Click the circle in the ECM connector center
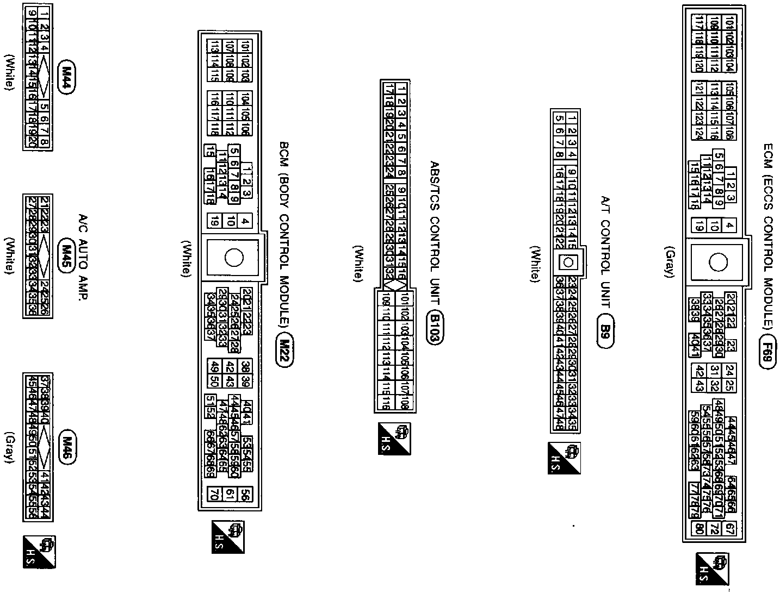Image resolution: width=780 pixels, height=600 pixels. click(x=718, y=263)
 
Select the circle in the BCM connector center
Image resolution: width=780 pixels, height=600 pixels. click(x=234, y=258)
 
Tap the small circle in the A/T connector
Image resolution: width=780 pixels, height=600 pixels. click(x=569, y=262)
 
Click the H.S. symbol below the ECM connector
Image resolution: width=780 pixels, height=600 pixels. click(x=711, y=569)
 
